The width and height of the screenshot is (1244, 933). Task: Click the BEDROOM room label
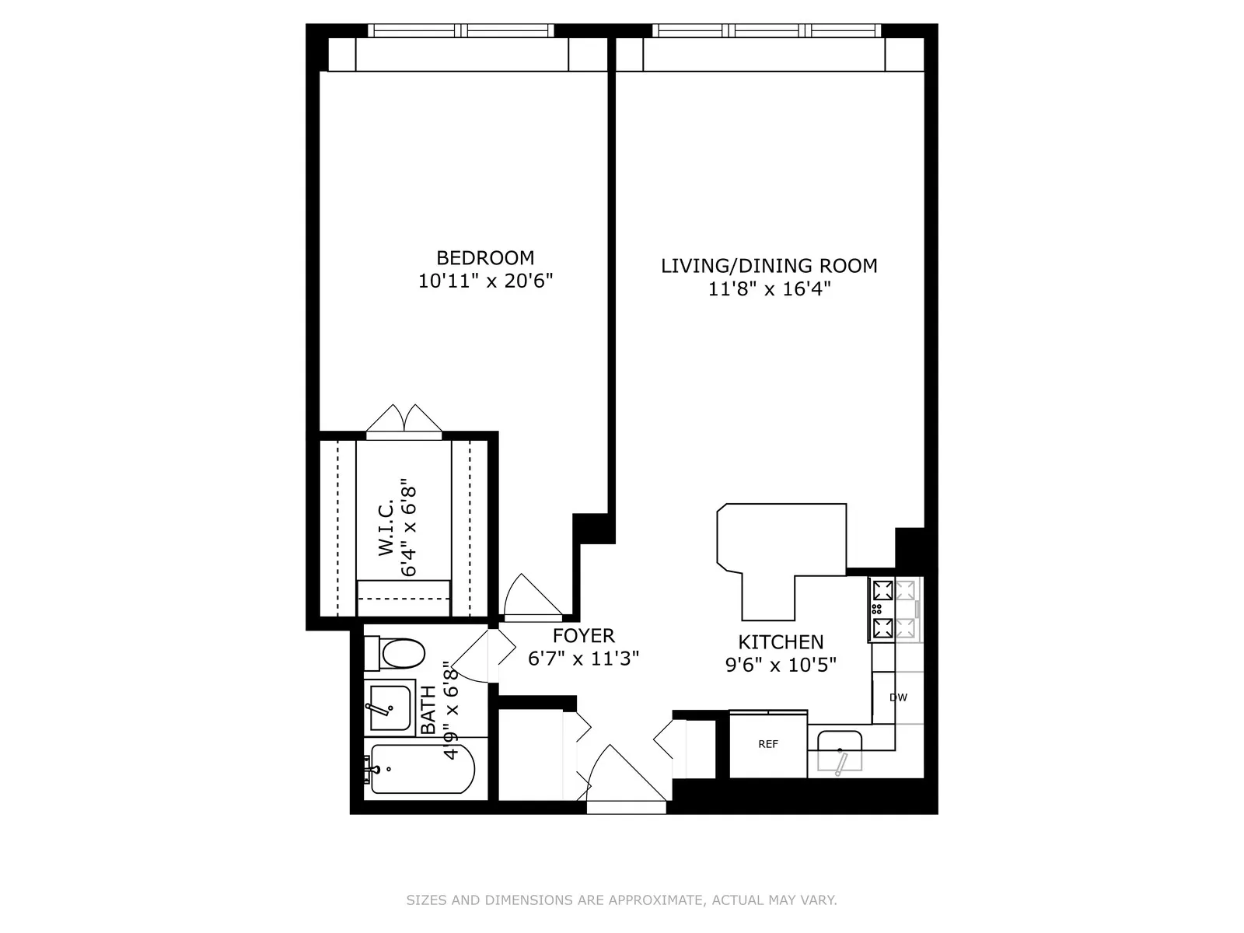(x=485, y=257)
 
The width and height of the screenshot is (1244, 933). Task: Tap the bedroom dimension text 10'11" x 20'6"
(x=485, y=281)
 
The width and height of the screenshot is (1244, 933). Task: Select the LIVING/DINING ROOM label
(x=769, y=266)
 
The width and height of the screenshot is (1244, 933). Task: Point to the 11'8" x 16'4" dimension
(x=769, y=289)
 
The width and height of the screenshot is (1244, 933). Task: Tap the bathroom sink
(x=390, y=708)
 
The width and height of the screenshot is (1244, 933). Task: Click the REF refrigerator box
(x=767, y=745)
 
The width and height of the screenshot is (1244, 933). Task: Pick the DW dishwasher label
(x=898, y=697)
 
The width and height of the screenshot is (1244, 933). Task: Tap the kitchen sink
(x=838, y=750)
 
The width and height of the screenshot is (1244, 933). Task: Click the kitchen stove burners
(x=883, y=609)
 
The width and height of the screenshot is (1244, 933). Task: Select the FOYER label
(x=583, y=636)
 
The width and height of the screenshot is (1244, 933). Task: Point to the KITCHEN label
(x=781, y=642)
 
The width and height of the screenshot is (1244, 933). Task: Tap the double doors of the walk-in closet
(x=404, y=420)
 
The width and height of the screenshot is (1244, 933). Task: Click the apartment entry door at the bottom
(x=622, y=777)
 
